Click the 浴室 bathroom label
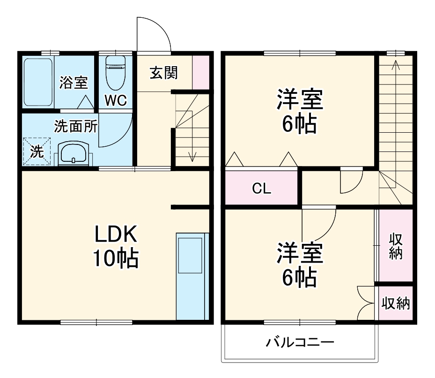point(74,83)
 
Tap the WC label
point(115,101)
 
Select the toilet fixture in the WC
point(115,73)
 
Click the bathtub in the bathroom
point(38,82)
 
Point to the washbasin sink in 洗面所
point(73,153)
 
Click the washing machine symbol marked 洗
point(37,151)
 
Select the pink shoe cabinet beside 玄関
point(200,72)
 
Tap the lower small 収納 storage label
point(396,304)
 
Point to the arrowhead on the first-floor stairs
point(192,157)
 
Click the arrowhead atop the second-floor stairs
point(395,64)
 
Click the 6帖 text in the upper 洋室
point(300,124)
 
